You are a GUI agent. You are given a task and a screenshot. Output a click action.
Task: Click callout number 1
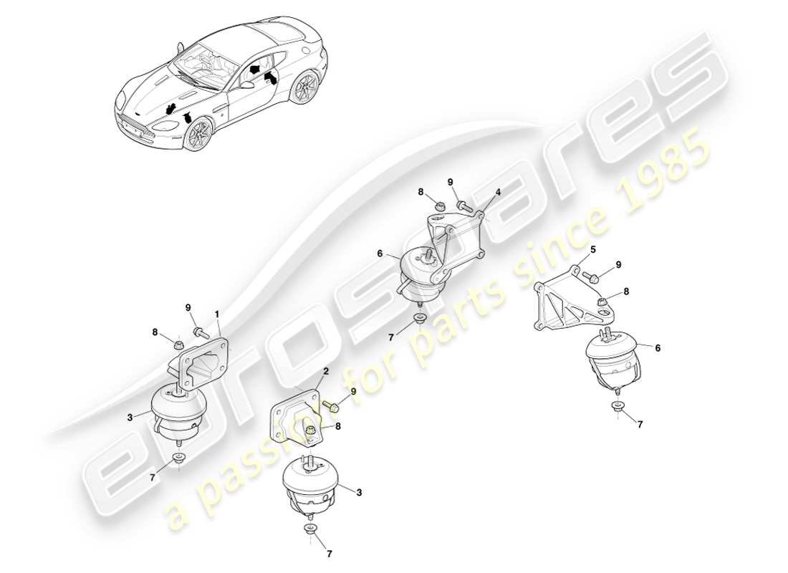pyautogui.click(x=217, y=313)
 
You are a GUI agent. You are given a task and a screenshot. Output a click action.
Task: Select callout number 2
pyautogui.click(x=326, y=372)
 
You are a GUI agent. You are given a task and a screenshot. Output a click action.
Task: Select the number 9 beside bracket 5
pyautogui.click(x=618, y=264)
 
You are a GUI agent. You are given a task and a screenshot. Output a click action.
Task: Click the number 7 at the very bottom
pyautogui.click(x=329, y=554)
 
